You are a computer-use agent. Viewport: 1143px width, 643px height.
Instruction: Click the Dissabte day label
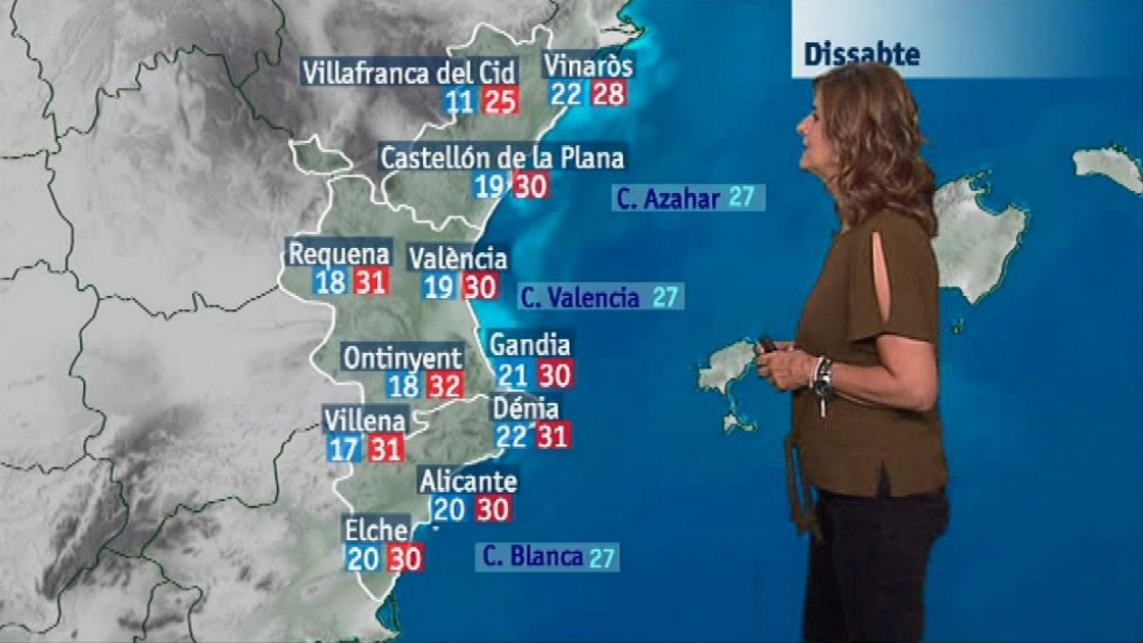[862, 54]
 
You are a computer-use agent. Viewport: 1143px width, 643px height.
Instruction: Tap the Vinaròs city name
[588, 66]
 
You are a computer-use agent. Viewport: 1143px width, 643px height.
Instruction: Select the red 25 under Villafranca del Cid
[499, 101]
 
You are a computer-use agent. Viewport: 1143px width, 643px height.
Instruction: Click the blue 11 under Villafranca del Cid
[459, 101]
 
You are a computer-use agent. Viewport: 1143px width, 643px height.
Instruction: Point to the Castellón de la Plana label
[501, 157]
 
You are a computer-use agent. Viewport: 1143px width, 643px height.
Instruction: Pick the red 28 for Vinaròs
[609, 94]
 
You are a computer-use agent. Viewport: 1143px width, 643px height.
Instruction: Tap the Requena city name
[339, 254]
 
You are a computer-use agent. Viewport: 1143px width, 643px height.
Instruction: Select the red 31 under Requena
[371, 281]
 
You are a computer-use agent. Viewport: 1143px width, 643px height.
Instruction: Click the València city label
[458, 258]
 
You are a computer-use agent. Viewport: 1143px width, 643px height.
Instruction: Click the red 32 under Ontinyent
[444, 386]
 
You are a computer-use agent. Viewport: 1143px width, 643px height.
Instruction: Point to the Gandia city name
[529, 345]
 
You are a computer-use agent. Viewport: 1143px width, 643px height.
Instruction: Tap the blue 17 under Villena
[344, 449]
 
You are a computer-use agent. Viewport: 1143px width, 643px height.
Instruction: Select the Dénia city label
[526, 409]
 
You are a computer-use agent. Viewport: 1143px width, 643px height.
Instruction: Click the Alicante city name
[468, 482]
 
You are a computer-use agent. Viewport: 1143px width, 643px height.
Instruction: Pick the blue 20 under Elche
[363, 557]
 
